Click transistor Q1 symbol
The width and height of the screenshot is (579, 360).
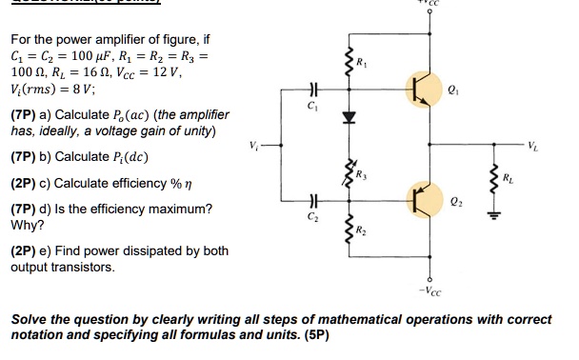(422, 89)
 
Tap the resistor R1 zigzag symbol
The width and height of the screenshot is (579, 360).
(349, 64)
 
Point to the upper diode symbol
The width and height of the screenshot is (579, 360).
(349, 118)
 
